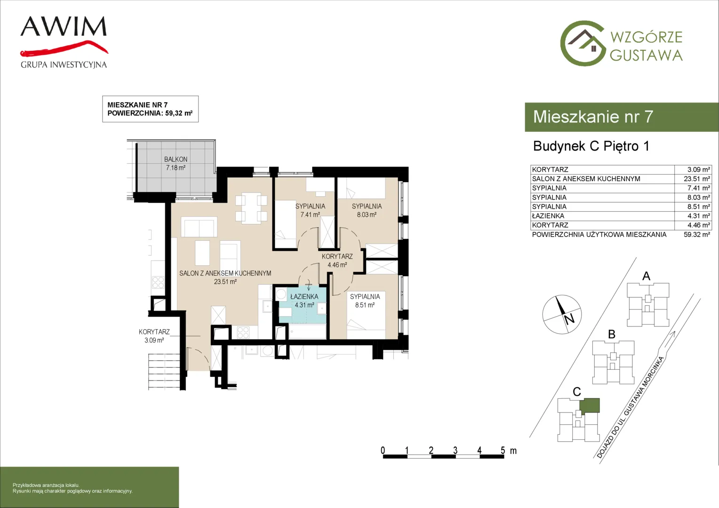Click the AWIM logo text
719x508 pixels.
pyautogui.click(x=64, y=26)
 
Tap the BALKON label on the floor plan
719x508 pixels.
pyautogui.click(x=176, y=159)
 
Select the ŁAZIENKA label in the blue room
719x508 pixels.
pyautogui.click(x=304, y=297)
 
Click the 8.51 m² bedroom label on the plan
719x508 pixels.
pyautogui.click(x=365, y=301)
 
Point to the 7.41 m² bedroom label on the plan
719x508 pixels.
pyautogui.click(x=310, y=211)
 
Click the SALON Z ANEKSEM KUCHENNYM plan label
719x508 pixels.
pyautogui.click(x=225, y=273)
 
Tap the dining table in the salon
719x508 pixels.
pyautogui.click(x=251, y=208)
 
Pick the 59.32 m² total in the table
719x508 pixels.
pyautogui.click(x=697, y=235)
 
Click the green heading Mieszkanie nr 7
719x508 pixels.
pyautogui.click(x=593, y=117)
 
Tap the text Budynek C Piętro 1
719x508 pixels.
pyautogui.click(x=591, y=146)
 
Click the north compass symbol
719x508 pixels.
pyautogui.click(x=562, y=315)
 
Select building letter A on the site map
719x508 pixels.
pyautogui.click(x=646, y=276)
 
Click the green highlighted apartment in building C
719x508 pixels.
pyautogui.click(x=590, y=405)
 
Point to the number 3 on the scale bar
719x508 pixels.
pyautogui.click(x=455, y=450)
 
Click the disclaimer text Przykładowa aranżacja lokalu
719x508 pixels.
pyautogui.click(x=46, y=485)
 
